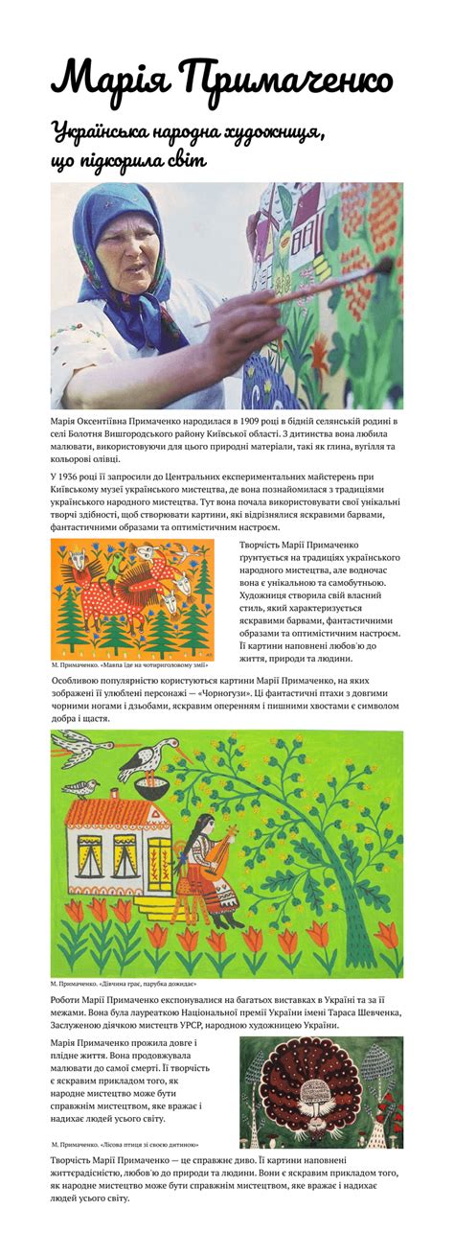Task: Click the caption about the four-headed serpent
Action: click(121, 664)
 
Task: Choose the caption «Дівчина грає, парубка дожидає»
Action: click(125, 985)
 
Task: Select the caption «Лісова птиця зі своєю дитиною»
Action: click(125, 1145)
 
